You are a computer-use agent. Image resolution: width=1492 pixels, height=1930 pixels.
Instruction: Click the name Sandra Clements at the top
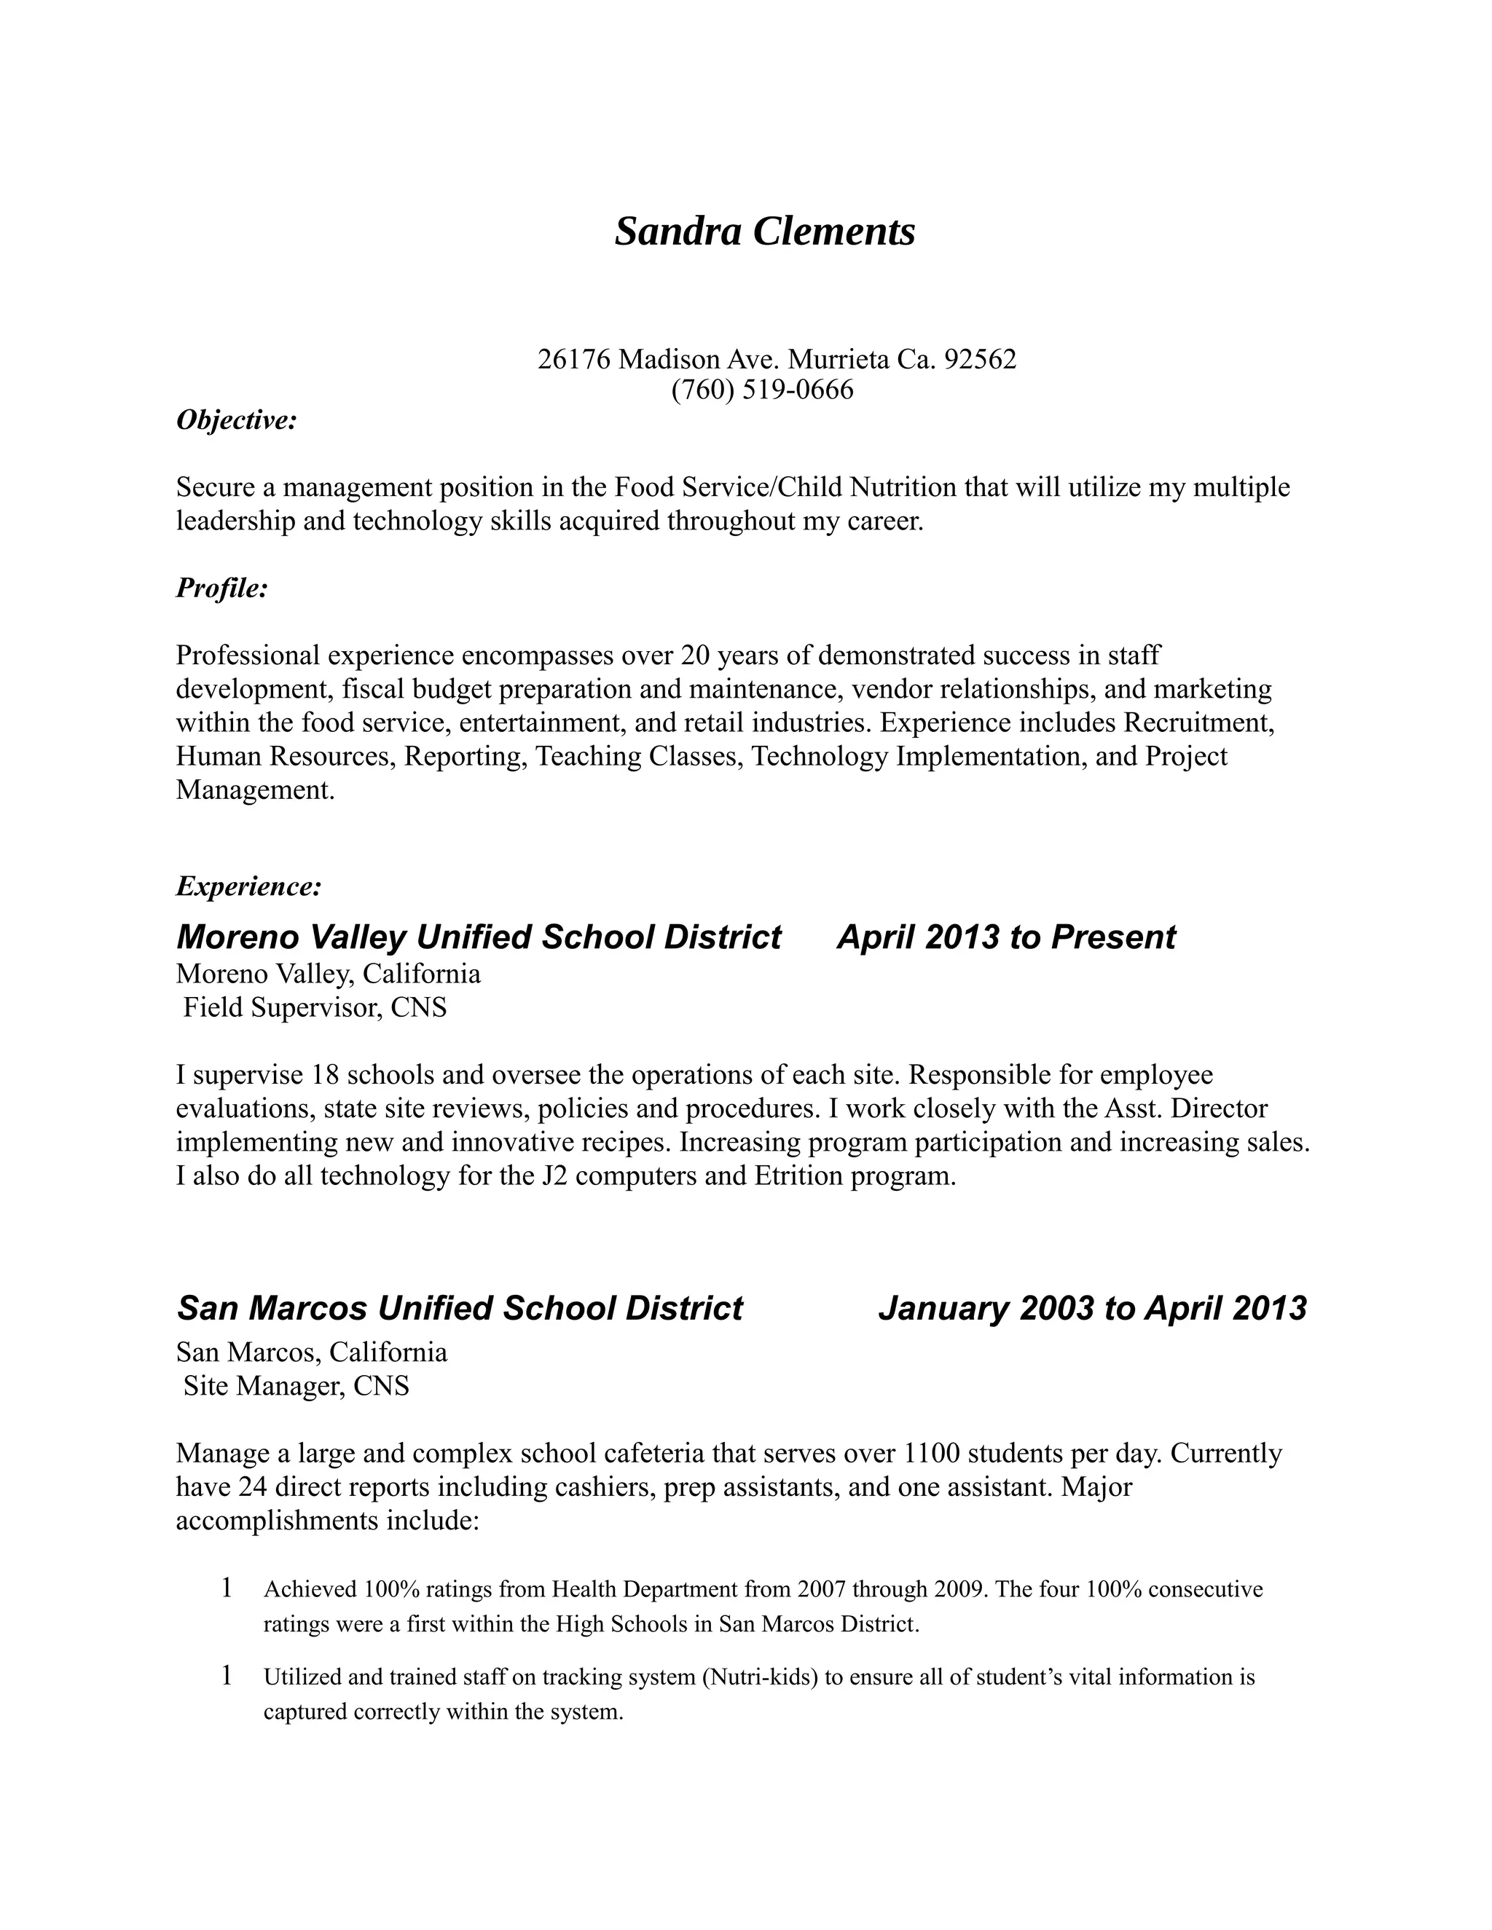(x=764, y=232)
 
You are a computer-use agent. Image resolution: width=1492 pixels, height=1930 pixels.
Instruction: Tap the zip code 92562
(x=981, y=360)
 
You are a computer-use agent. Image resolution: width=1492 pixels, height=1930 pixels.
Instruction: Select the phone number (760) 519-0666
(x=763, y=390)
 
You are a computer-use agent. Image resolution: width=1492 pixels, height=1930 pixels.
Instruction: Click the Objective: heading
(x=236, y=421)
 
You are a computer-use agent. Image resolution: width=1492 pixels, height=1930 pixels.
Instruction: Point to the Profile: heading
(x=222, y=588)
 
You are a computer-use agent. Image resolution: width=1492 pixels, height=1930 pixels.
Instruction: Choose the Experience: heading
(x=248, y=886)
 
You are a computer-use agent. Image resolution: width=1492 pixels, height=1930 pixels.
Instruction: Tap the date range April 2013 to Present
(x=1006, y=937)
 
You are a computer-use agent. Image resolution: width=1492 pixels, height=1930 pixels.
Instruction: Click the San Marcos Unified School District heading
(x=460, y=1309)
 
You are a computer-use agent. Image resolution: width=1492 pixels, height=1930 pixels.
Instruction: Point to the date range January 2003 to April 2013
(x=1093, y=1309)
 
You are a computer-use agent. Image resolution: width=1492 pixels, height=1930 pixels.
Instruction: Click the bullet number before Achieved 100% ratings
(x=227, y=1588)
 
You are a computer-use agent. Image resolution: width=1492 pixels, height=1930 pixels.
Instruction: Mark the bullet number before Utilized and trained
(x=227, y=1676)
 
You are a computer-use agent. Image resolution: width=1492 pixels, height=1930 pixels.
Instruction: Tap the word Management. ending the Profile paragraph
(x=256, y=790)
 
